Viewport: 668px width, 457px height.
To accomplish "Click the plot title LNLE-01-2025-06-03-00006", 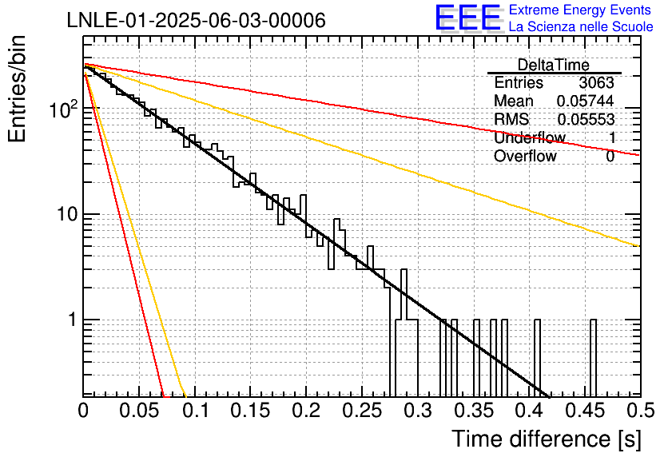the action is (x=197, y=21).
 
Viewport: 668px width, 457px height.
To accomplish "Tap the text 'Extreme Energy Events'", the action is (x=580, y=10).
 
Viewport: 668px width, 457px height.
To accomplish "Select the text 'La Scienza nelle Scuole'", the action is (x=581, y=26).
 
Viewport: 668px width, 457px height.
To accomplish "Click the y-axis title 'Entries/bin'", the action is (x=17, y=89).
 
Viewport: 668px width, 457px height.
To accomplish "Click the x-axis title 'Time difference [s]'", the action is (x=547, y=439).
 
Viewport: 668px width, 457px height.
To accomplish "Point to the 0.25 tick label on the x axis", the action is (x=362, y=411).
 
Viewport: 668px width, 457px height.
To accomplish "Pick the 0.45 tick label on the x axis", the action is (x=585, y=411).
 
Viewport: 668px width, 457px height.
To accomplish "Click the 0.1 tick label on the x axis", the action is (x=195, y=411).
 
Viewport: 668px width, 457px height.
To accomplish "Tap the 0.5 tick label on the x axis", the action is (x=640, y=411).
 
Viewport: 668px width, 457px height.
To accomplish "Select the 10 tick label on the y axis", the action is (x=68, y=214).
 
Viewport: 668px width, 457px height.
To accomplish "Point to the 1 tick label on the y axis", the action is (x=73, y=320).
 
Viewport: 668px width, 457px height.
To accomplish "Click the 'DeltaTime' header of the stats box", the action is (x=554, y=65).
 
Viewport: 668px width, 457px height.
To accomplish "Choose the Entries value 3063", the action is (x=596, y=82).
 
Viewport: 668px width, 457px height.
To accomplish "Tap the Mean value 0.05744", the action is (x=586, y=101).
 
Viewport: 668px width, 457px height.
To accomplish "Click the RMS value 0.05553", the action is (x=586, y=120).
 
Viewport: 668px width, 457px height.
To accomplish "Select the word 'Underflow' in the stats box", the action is (x=530, y=137).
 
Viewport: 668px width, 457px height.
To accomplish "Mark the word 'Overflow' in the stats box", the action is (x=525, y=157).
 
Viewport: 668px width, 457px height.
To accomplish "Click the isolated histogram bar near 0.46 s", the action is (x=593, y=358).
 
